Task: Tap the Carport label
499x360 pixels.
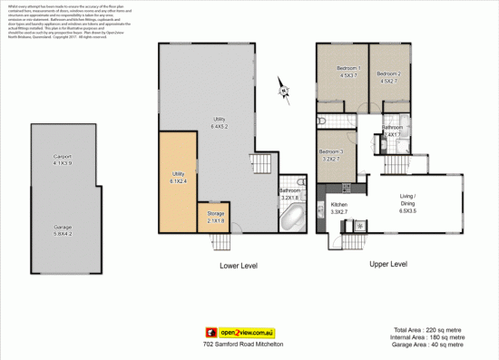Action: (x=63, y=160)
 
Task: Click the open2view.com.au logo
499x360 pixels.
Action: (x=249, y=333)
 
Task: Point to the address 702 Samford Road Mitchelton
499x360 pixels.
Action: (x=249, y=346)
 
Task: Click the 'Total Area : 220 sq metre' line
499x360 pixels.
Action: (x=431, y=330)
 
